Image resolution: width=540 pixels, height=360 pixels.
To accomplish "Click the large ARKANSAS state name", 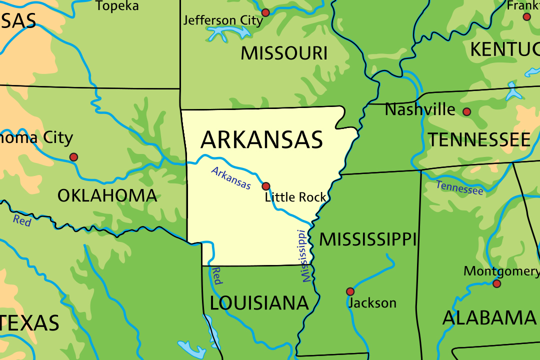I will click(x=261, y=140).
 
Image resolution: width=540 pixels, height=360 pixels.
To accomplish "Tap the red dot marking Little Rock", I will click(x=266, y=186).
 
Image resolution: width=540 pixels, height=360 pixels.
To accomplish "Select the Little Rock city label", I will click(x=295, y=197).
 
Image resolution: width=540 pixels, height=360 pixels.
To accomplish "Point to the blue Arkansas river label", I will click(x=231, y=178).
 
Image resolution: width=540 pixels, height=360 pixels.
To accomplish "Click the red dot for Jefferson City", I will click(x=265, y=12).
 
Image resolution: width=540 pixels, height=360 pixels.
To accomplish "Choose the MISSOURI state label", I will click(x=284, y=53).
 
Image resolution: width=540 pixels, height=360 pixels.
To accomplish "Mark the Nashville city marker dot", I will click(x=466, y=111).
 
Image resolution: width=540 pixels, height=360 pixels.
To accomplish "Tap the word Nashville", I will click(x=420, y=109).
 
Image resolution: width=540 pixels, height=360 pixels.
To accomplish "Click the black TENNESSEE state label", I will click(x=478, y=140).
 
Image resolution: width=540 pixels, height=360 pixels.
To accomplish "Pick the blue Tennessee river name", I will click(x=459, y=187).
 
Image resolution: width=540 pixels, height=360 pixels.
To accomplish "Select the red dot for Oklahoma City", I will click(x=73, y=157).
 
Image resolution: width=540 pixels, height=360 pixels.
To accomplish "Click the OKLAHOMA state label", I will click(x=107, y=195).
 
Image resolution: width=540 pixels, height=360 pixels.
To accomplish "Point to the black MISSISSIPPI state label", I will click(x=367, y=239).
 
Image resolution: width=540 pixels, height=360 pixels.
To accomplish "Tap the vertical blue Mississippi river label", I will click(x=303, y=256).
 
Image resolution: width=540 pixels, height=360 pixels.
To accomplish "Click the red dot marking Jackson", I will click(x=350, y=291).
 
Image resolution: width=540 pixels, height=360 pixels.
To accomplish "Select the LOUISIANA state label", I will click(x=259, y=303).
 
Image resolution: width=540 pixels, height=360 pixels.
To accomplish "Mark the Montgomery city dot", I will click(x=496, y=283).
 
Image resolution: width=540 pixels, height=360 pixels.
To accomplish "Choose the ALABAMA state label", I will click(x=489, y=318).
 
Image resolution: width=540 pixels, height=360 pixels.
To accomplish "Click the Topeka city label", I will click(x=117, y=6).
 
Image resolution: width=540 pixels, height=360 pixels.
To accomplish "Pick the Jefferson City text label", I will click(x=222, y=20).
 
